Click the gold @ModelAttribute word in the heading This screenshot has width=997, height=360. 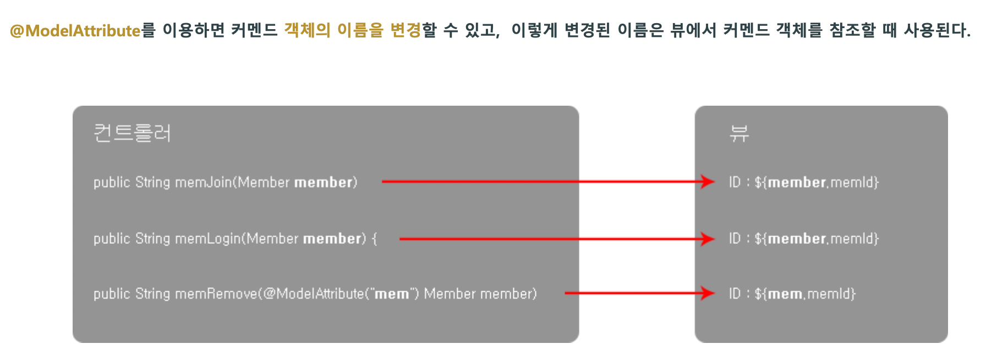click(x=75, y=30)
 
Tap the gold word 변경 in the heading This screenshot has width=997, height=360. click(x=405, y=30)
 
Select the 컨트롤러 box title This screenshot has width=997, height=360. click(x=132, y=133)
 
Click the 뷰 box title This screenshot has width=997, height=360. click(x=739, y=133)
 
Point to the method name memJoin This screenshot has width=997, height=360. click(x=203, y=182)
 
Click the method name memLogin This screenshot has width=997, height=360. click(x=207, y=238)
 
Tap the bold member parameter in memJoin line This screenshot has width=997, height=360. click(x=323, y=182)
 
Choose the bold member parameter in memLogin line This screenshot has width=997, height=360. click(x=332, y=238)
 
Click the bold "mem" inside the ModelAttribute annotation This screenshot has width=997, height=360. click(x=392, y=294)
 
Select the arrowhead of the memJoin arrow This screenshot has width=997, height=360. click(x=708, y=182)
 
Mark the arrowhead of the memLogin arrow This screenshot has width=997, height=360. click(x=708, y=238)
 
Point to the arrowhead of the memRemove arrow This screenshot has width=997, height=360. click(x=708, y=293)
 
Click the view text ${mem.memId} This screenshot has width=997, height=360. click(x=805, y=294)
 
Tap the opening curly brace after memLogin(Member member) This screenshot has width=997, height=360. click(x=375, y=239)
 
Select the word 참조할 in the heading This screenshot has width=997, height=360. click(x=852, y=30)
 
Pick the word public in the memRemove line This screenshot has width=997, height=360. click(x=112, y=294)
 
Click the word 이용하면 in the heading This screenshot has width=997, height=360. click(x=194, y=30)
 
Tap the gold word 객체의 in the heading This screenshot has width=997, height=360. click(x=306, y=30)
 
